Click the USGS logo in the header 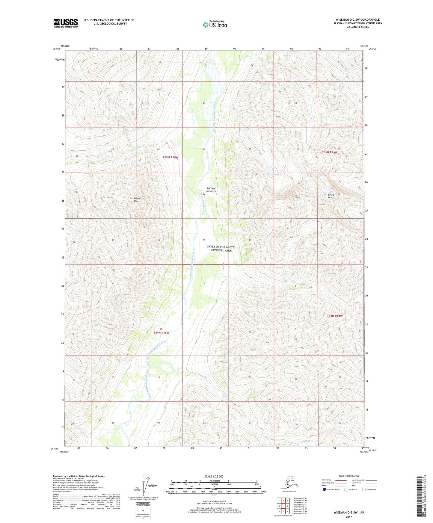click(x=66, y=23)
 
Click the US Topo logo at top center click(x=215, y=25)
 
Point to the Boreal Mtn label click(x=330, y=196)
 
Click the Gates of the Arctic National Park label click(x=221, y=249)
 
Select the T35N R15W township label click(x=171, y=157)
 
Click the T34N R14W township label click(x=334, y=316)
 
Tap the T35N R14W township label click(x=330, y=152)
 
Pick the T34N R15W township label click(x=161, y=333)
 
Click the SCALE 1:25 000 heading click(x=214, y=476)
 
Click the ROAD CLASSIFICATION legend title click(x=349, y=476)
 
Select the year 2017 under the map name click(x=349, y=517)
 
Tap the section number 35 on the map click(x=204, y=240)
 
